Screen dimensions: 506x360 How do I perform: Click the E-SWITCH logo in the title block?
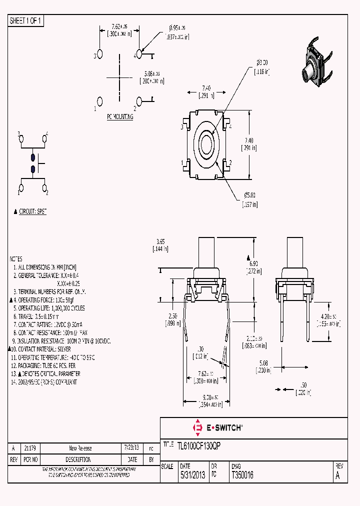coord(217,427)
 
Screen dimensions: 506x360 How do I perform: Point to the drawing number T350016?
coord(242,475)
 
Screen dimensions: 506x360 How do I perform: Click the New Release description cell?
coord(80,448)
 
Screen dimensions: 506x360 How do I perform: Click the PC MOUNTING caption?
coord(120,116)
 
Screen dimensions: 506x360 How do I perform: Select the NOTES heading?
coord(16,259)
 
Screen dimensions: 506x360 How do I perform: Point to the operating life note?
coord(49,308)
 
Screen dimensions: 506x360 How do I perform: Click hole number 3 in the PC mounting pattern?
coord(99,53)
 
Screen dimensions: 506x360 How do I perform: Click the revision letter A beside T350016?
coord(337,475)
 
